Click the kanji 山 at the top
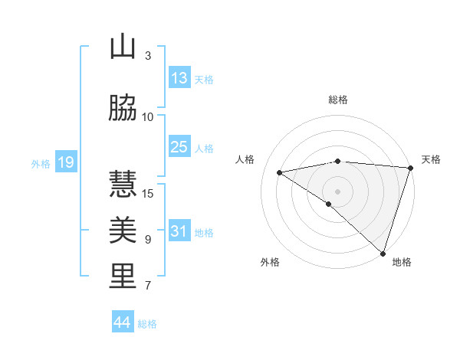123,47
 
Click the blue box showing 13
179,77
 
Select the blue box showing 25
179,146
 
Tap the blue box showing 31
179,231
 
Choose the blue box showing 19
65,162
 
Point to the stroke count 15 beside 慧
149,193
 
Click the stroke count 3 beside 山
148,55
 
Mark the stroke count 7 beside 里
148,286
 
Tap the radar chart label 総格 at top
338,100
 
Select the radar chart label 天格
431,159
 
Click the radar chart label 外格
270,262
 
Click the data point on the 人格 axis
279,172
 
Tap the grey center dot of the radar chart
337,191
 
